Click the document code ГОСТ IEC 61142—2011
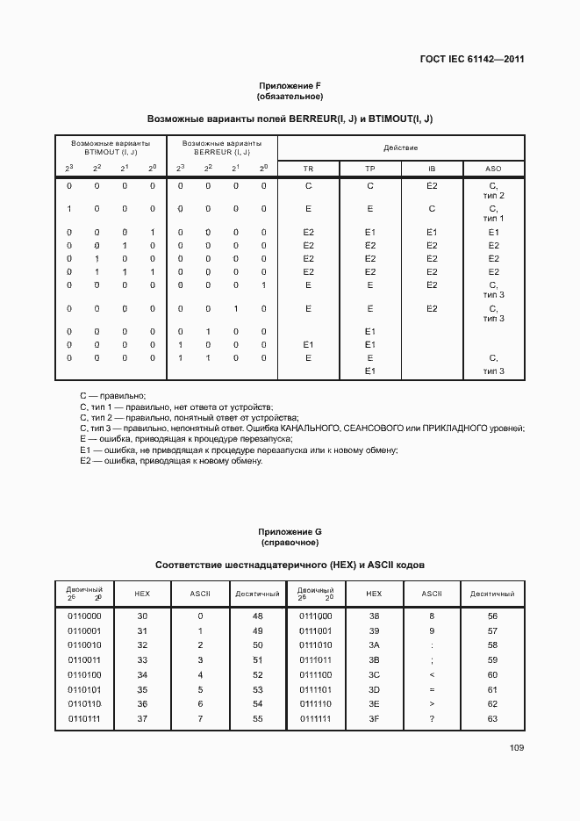point(471,60)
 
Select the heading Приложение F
point(290,85)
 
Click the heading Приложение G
point(290,532)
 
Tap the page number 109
point(515,748)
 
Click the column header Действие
point(401,147)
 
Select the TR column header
point(308,167)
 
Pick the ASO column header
point(493,167)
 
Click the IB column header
point(432,167)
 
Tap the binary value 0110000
point(84,616)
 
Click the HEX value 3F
point(374,719)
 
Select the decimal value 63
point(492,719)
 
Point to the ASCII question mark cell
point(431,719)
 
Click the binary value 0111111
point(317,719)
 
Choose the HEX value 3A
point(374,645)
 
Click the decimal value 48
point(257,616)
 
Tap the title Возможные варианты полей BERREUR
point(290,118)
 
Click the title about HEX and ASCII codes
point(290,565)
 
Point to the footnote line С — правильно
point(112,396)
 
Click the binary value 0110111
point(84,719)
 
